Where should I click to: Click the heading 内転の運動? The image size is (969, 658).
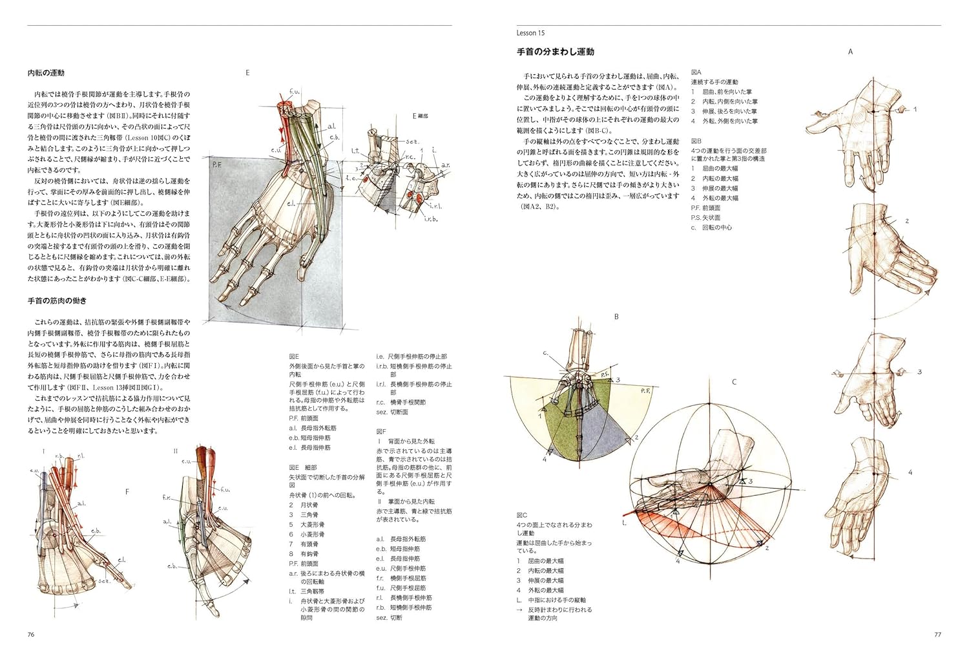46,73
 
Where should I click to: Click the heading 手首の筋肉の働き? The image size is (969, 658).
57,301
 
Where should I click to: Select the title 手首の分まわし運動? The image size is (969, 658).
556,52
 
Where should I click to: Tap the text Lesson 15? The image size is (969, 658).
531,32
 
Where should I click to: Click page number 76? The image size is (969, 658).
31,634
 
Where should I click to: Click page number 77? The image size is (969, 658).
937,634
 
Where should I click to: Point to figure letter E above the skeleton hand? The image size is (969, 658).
247,73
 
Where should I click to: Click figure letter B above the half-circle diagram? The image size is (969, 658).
616,317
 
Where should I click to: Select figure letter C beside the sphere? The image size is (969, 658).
734,382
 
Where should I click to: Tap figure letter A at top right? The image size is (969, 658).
850,52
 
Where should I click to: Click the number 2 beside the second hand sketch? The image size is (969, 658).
907,221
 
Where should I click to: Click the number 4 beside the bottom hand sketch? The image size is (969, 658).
910,472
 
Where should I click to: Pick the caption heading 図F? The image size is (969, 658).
381,431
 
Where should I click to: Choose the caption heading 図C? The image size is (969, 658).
522,515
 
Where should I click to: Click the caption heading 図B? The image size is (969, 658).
696,141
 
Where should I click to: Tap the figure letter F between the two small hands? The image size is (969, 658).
127,492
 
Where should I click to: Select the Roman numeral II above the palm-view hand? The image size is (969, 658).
176,451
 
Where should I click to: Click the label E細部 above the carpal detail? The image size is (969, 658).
421,116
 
